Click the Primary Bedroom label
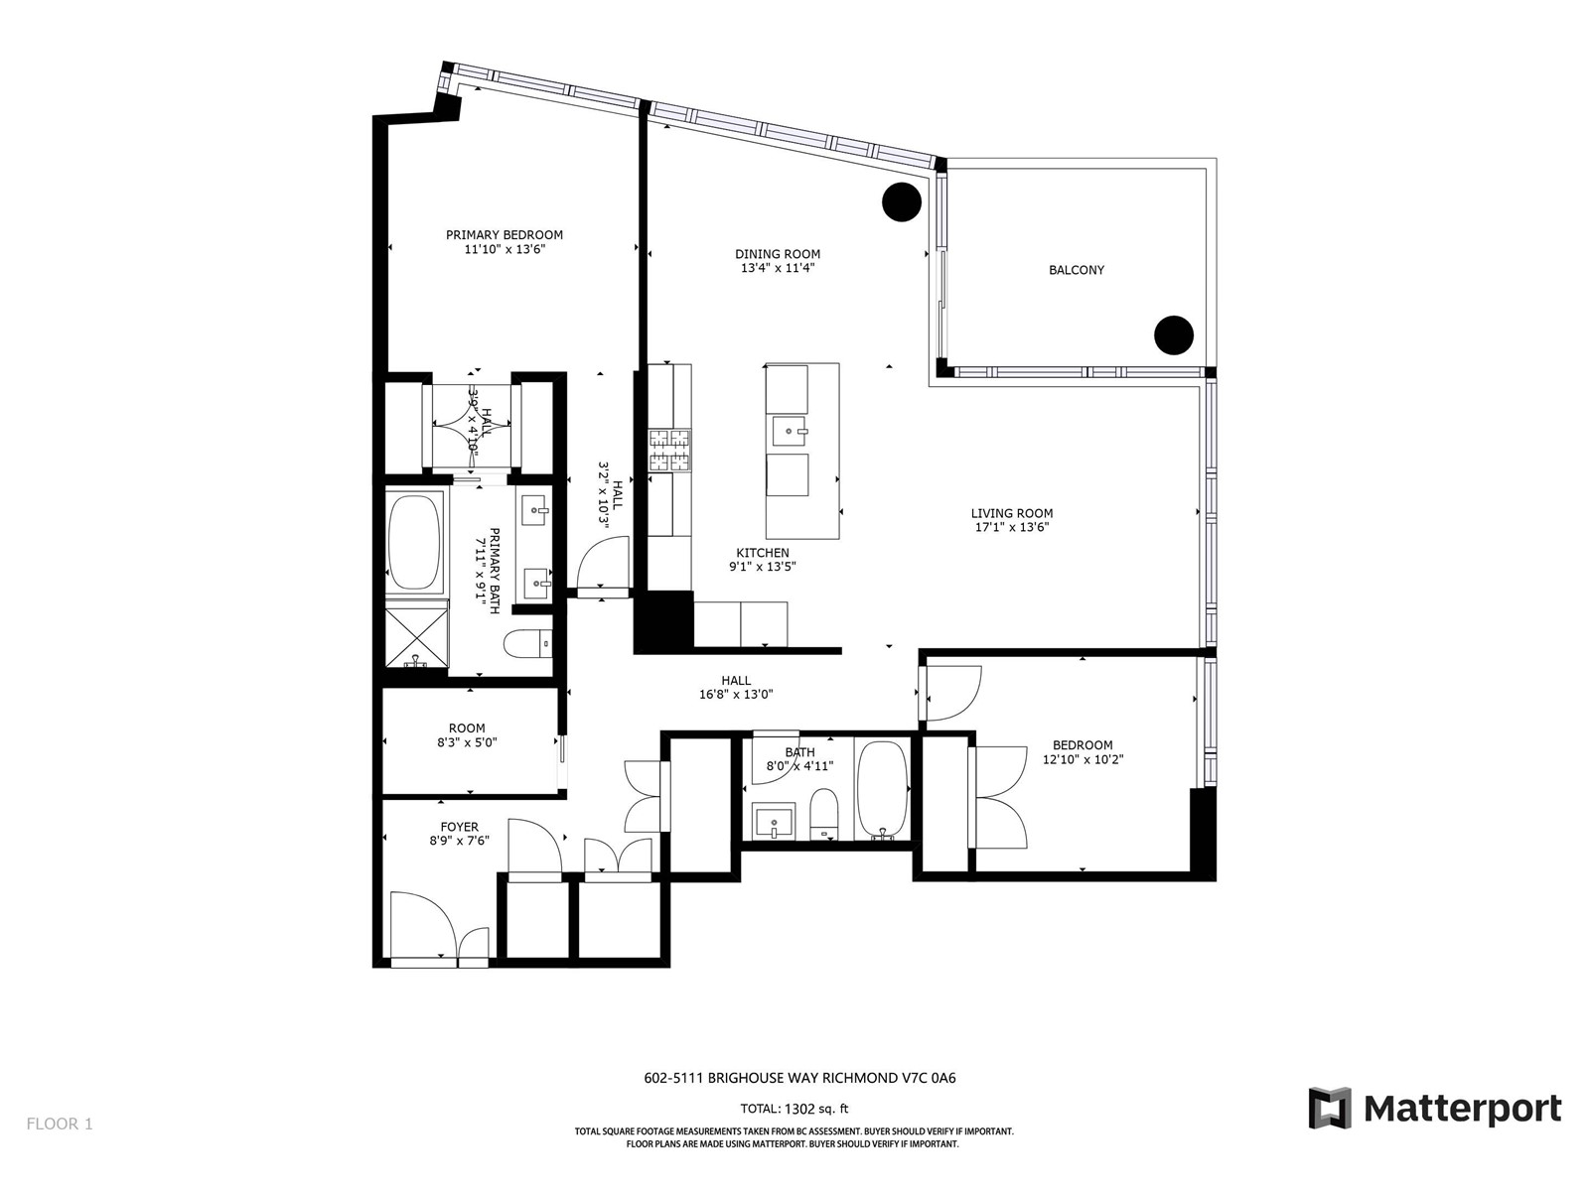(504, 235)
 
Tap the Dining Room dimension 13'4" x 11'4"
(778, 268)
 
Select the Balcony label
(1077, 270)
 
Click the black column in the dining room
(902, 201)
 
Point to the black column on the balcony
(1174, 334)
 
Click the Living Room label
(1012, 513)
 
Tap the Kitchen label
(763, 553)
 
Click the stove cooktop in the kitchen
(669, 451)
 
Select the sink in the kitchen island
(790, 432)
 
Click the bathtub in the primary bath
(414, 541)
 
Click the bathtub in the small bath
(882, 789)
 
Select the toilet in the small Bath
(823, 814)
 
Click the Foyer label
(459, 827)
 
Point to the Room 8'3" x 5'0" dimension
(467, 742)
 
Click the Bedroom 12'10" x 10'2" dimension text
(1083, 759)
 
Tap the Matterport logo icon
(1329, 1108)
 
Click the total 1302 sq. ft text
(794, 1109)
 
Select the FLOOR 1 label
(60, 1124)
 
